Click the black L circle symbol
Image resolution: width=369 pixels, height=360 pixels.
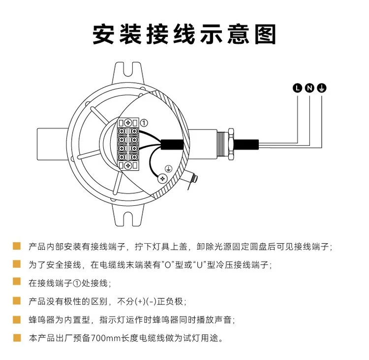pos(298,88)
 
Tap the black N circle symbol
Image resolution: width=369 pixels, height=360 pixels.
pos(309,88)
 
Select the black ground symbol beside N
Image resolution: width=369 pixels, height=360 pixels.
pos(321,88)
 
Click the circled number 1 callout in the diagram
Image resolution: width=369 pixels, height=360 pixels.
pos(144,123)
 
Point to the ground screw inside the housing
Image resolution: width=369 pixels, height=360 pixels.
pos(162,178)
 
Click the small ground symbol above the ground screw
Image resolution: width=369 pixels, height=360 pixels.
pos(168,169)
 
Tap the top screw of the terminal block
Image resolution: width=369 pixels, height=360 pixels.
pos(128,123)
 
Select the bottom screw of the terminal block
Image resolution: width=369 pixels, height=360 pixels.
pos(128,165)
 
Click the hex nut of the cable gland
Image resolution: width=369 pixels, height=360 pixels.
pos(231,144)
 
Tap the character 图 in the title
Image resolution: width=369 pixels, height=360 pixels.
pos(266,34)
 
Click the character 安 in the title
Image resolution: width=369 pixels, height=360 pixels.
pos(103,34)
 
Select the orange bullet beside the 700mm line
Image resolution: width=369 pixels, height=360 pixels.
pos(17,338)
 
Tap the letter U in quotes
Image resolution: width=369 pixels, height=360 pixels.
pos(200,265)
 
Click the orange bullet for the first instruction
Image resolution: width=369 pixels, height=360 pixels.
pos(17,246)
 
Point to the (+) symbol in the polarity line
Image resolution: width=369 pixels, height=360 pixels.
pos(141,301)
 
